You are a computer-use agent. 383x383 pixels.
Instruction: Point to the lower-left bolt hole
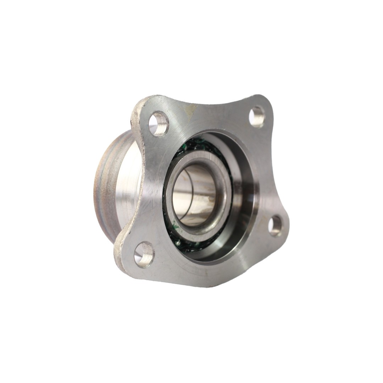(145, 254)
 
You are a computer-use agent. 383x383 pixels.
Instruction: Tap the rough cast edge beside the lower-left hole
(122, 248)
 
